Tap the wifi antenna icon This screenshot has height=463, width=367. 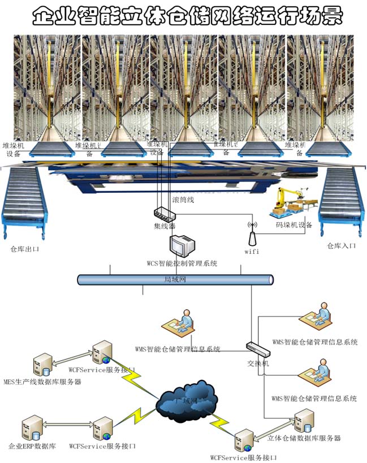[252, 233]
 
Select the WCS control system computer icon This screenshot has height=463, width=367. [182, 246]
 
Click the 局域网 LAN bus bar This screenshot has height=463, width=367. [175, 279]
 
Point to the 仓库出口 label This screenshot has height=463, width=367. [25, 249]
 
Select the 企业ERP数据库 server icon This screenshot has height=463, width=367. [31, 429]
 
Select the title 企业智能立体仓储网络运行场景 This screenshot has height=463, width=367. [187, 16]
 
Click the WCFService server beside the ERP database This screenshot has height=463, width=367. [103, 429]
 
